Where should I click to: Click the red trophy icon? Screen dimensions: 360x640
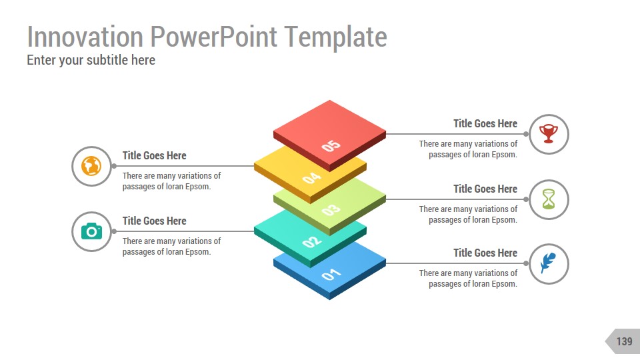click(549, 134)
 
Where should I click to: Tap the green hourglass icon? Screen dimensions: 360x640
click(549, 199)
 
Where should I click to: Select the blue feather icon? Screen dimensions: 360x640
click(548, 263)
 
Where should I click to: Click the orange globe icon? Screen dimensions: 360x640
click(91, 166)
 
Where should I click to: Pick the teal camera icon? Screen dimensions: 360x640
click(91, 231)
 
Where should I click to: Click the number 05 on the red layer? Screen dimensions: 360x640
click(331, 145)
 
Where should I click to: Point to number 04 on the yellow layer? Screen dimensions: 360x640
click(312, 177)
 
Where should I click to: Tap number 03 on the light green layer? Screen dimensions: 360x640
click(331, 210)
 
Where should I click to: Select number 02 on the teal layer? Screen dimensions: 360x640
click(312, 241)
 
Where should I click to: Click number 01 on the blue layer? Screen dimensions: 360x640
click(331, 273)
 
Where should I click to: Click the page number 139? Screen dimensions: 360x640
click(623, 341)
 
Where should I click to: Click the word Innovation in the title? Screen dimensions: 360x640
click(85, 37)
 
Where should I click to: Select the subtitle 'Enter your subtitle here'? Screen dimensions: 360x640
click(91, 60)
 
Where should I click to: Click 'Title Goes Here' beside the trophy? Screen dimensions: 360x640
click(485, 123)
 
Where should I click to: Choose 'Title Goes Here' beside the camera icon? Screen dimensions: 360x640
click(154, 221)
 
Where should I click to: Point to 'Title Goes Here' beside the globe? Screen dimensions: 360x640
click(154, 155)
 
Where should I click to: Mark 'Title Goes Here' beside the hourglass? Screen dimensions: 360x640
click(485, 189)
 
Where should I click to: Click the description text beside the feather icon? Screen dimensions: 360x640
click(468, 279)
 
